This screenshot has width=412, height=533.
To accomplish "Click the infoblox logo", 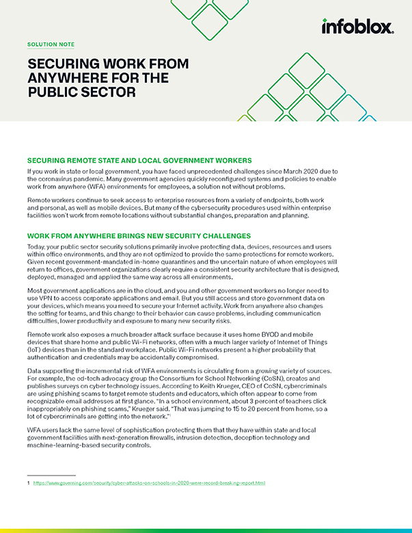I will pyautogui.click(x=357, y=26).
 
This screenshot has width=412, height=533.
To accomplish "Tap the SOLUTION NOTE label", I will pyautogui.click(x=51, y=44).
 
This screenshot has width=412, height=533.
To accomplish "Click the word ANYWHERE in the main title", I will pyautogui.click(x=61, y=78).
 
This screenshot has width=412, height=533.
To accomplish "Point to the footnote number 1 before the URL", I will pyautogui.click(x=28, y=483).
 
